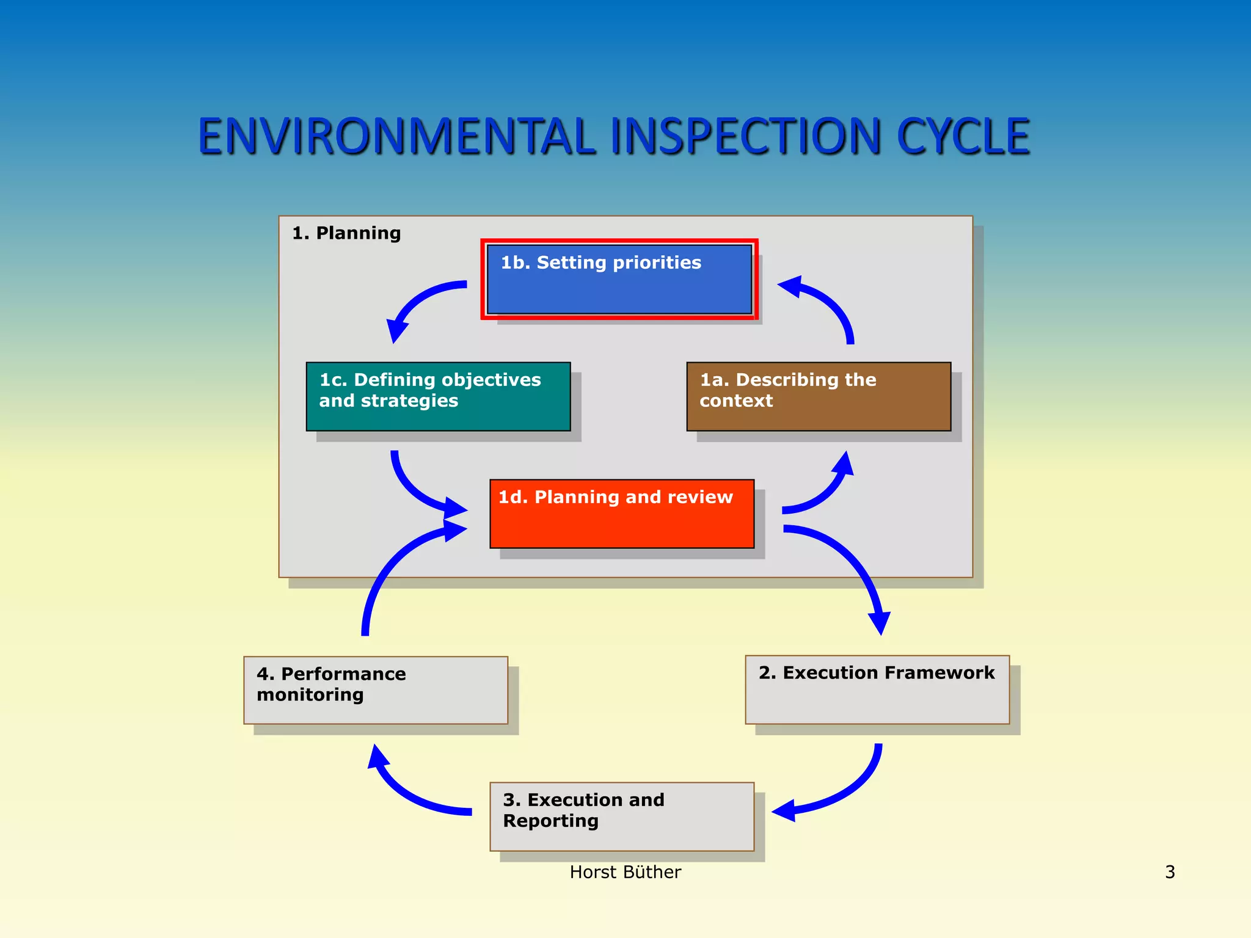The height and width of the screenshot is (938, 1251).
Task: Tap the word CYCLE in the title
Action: point(963,136)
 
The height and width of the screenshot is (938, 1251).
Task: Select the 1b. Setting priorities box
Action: point(619,279)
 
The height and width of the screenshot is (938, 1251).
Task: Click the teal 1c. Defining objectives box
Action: point(438,396)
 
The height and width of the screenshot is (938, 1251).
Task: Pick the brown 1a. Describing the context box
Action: point(819,396)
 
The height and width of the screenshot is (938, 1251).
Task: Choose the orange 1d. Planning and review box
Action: point(622,514)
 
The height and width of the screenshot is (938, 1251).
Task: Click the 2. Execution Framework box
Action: point(877,689)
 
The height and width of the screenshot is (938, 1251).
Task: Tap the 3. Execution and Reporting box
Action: point(622,816)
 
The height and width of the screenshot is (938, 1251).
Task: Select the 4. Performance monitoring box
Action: point(376,690)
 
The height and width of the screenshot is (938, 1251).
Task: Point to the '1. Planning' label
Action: point(346,233)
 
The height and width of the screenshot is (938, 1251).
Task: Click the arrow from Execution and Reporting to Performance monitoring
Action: point(409,794)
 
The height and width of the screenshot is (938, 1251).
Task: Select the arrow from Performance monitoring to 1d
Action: point(391,568)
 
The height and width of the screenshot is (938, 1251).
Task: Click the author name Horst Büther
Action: point(625,872)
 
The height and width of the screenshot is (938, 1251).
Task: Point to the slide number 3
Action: point(1170,872)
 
